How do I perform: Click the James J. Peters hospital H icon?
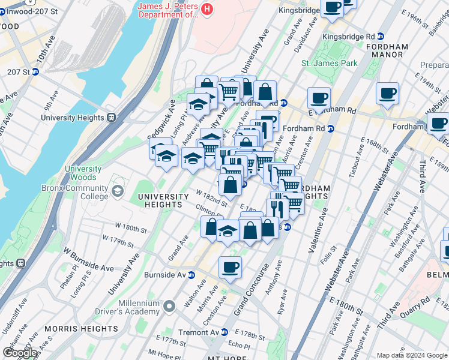click(x=207, y=8)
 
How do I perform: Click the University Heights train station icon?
click(x=111, y=118)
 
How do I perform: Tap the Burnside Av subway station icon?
click(x=191, y=275)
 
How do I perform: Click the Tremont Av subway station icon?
click(x=225, y=332)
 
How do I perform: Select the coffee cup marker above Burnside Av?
click(x=230, y=267)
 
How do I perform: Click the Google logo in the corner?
click(x=20, y=353)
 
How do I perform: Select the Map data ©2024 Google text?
click(x=411, y=355)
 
